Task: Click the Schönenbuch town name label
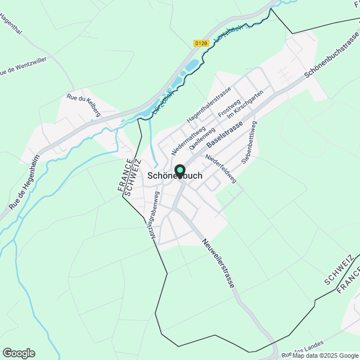pos(174,176)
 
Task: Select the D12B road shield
pos(201,43)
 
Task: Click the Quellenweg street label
pos(202,137)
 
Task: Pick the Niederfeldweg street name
pos(220,168)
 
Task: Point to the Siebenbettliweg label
pos(248,142)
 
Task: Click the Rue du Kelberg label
pos(84,105)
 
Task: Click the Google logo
pos(19,353)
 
